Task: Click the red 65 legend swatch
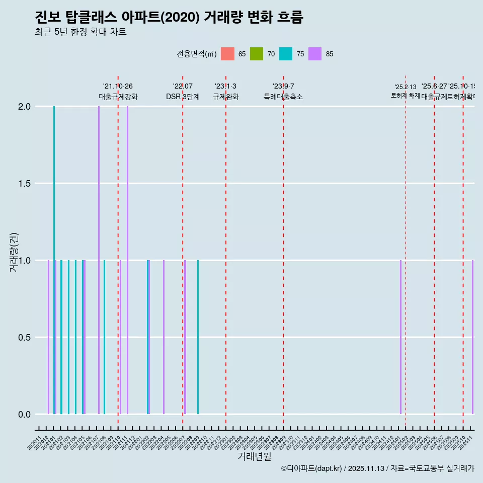(227, 54)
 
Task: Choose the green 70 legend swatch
(257, 54)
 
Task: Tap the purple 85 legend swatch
(315, 54)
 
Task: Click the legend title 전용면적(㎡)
(196, 54)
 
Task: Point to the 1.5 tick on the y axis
(24, 184)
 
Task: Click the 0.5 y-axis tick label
(24, 338)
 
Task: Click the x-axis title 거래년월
(254, 456)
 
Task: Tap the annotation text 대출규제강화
(118, 97)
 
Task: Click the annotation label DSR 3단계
(183, 97)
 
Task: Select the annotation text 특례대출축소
(283, 97)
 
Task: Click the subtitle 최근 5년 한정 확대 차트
(80, 32)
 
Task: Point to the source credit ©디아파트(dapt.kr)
(312, 468)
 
